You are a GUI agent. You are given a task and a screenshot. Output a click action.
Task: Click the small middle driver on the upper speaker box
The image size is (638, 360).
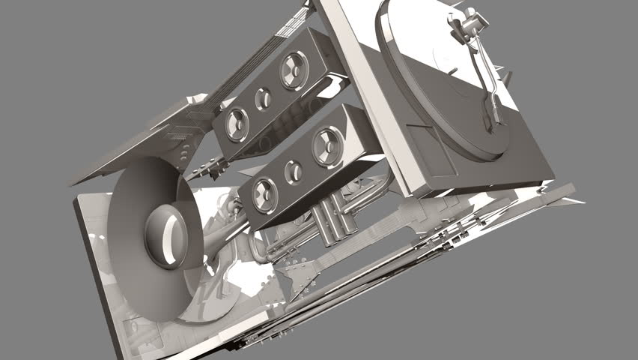click(x=263, y=97)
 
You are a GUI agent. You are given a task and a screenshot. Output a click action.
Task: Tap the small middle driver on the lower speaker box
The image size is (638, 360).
click(x=295, y=172)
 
